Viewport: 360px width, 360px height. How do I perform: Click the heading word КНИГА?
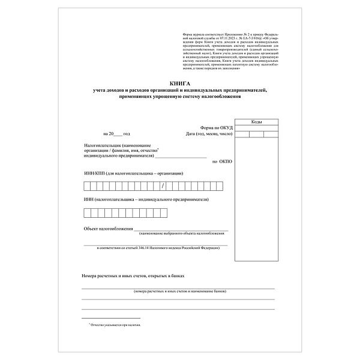tap(179, 84)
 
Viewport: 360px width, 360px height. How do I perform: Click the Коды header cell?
tap(256, 122)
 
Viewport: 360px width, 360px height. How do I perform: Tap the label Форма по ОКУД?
tap(215, 127)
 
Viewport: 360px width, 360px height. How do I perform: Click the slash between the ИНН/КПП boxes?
tap(172, 185)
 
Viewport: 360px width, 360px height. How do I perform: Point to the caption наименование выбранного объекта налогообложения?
tap(182, 233)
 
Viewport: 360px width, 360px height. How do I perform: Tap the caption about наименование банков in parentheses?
tap(180, 290)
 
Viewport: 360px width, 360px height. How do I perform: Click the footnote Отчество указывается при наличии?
tap(117, 325)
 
